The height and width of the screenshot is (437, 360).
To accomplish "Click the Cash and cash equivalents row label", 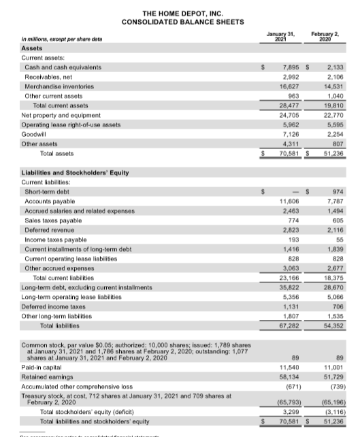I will [63, 67].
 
